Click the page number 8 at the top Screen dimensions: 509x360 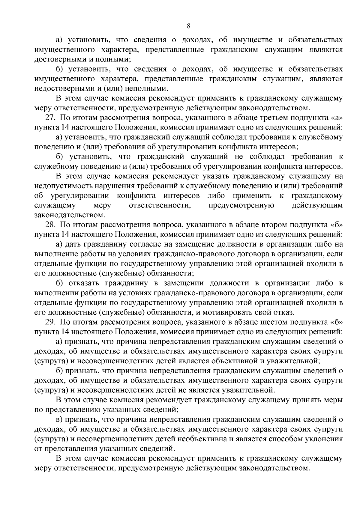tap(188, 26)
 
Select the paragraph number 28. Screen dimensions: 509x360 tap(50, 225)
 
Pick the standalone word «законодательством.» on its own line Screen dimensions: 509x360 tap(70, 215)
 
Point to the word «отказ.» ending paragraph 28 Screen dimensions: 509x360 tap(284, 313)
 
